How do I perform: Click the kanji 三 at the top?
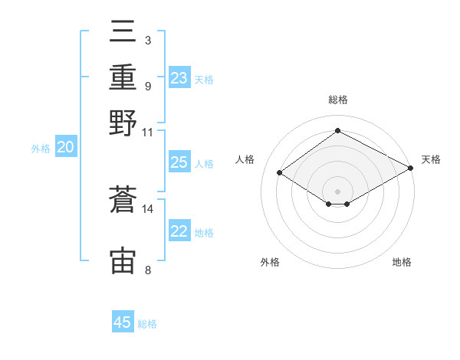click(123, 31)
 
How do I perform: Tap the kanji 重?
click(123, 77)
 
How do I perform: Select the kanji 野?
click(123, 123)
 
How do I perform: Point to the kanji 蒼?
click(123, 199)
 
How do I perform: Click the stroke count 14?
click(147, 209)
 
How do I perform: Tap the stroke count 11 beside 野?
click(147, 133)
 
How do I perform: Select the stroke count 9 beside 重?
click(148, 87)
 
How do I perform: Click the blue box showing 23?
click(179, 77)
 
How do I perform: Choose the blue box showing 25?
click(179, 162)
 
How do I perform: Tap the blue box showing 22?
click(179, 230)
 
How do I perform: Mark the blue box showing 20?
click(66, 146)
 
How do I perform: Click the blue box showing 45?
click(123, 321)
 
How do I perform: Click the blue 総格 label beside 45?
click(147, 324)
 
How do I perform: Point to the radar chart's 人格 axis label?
click(245, 159)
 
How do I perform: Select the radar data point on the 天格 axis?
click(411, 168)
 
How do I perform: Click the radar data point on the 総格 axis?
click(337, 130)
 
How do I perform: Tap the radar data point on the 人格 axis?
click(280, 172)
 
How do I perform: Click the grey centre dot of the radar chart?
click(337, 191)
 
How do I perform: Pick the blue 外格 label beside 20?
click(41, 149)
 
